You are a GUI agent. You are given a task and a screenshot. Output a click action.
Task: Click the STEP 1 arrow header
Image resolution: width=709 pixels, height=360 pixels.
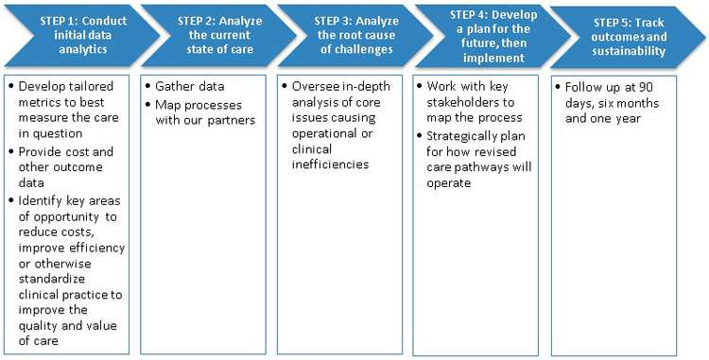pyautogui.click(x=82, y=35)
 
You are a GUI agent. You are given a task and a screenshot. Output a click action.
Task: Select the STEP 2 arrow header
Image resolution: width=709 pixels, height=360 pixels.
pyautogui.click(x=219, y=35)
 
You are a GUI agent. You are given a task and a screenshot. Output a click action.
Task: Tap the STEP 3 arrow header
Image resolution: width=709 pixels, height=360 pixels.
pyautogui.click(x=356, y=35)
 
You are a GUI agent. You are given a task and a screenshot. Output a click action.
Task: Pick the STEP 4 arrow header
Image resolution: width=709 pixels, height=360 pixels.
pyautogui.click(x=493, y=36)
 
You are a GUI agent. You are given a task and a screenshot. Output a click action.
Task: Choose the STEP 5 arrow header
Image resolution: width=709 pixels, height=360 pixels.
pyautogui.click(x=629, y=37)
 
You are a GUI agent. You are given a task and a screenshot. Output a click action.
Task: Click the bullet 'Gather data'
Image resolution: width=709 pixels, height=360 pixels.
pyautogui.click(x=189, y=86)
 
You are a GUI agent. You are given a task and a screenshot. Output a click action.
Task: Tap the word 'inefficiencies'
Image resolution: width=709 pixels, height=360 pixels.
pyautogui.click(x=330, y=164)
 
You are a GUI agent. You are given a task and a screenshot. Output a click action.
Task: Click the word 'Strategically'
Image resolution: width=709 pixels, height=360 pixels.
pyautogui.click(x=461, y=136)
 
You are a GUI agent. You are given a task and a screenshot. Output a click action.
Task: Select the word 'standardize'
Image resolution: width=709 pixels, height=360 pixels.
pyautogui.click(x=52, y=279)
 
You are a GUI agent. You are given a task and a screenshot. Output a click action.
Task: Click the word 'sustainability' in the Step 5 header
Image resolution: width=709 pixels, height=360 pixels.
pyautogui.click(x=629, y=51)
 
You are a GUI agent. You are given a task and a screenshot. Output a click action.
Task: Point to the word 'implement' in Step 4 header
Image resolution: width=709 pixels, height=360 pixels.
pyautogui.click(x=493, y=58)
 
